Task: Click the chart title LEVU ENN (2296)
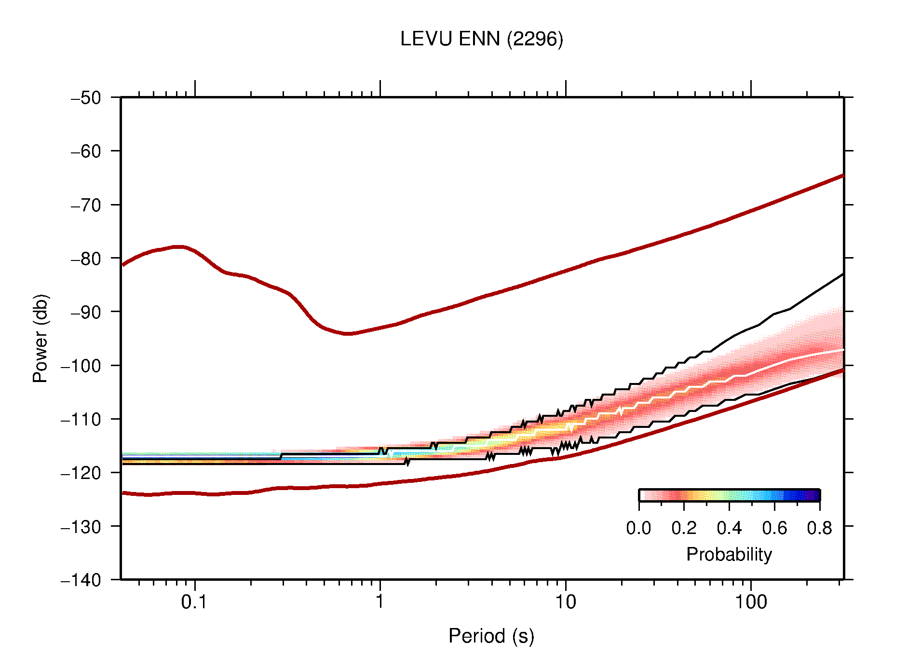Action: pos(481,39)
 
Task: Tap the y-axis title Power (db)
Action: pos(41,338)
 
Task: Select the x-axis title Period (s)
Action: pos(491,636)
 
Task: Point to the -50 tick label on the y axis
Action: pos(86,98)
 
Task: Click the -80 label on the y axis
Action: pos(86,259)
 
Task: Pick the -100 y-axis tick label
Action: pos(81,366)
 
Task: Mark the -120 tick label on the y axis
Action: pos(81,473)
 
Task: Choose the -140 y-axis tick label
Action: pos(81,580)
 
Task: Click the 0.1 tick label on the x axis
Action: pos(194,602)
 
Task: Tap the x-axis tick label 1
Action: pos(380,602)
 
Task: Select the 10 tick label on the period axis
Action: pos(565,602)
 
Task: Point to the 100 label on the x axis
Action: pos(750,602)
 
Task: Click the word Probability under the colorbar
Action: pos(729,554)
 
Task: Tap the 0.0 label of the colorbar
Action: pos(638,528)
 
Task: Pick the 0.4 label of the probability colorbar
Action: pos(729,528)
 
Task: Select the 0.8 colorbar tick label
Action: pos(819,528)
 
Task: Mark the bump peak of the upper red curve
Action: pos(178,247)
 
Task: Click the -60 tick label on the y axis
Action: pos(86,151)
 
